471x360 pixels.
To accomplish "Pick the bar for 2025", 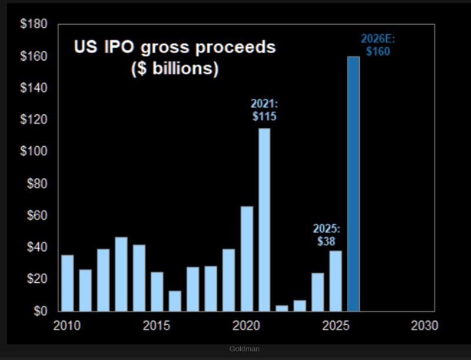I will (x=336, y=280).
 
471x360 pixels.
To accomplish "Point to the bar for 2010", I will (x=68, y=283).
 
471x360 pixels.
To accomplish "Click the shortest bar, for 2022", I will (x=282, y=308).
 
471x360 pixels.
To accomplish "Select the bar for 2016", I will (x=175, y=300).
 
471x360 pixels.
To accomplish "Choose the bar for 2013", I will (x=121, y=274).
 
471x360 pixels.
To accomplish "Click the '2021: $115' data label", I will (x=264, y=110).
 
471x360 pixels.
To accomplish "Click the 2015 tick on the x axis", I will (x=157, y=326).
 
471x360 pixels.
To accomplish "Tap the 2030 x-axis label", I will (x=424, y=326).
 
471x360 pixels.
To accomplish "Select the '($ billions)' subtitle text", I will (x=174, y=68).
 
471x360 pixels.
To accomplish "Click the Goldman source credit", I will (x=243, y=349).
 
